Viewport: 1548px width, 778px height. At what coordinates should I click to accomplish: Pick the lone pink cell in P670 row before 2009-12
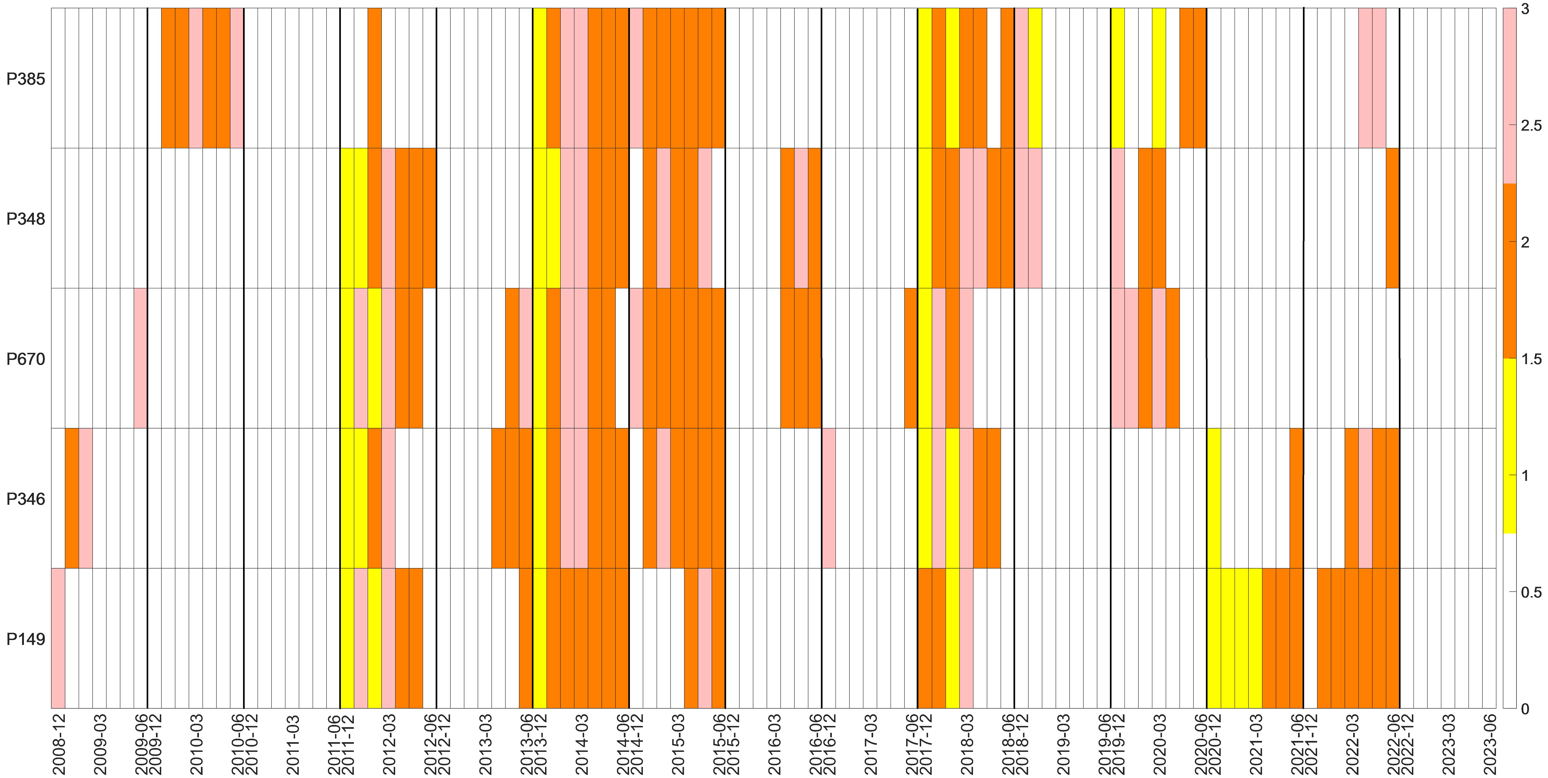pyautogui.click(x=140, y=358)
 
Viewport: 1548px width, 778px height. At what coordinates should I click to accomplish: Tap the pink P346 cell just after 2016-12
pyautogui.click(x=828, y=498)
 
